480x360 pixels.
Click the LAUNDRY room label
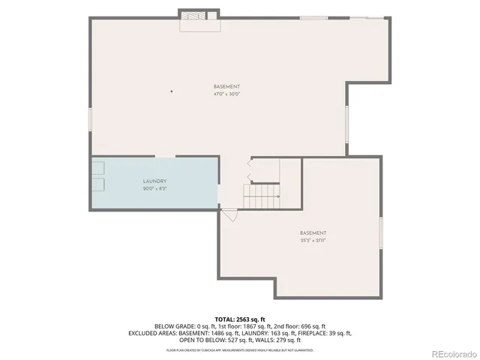[x=154, y=181]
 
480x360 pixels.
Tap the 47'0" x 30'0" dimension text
[x=226, y=94]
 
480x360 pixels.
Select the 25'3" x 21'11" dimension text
[x=313, y=240]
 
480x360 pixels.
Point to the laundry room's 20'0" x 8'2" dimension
[x=154, y=188]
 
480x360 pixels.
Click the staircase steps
[x=262, y=197]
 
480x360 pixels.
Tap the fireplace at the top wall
[x=199, y=16]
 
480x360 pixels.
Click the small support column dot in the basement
[x=172, y=91]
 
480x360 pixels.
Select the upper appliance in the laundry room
[x=98, y=169]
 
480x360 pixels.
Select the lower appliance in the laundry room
[x=98, y=184]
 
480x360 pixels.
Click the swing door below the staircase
[x=229, y=214]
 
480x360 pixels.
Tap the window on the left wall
[x=90, y=119]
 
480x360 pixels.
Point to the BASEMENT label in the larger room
[x=226, y=87]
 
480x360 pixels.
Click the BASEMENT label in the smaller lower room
[x=313, y=232]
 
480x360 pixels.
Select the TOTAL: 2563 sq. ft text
[x=240, y=319]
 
